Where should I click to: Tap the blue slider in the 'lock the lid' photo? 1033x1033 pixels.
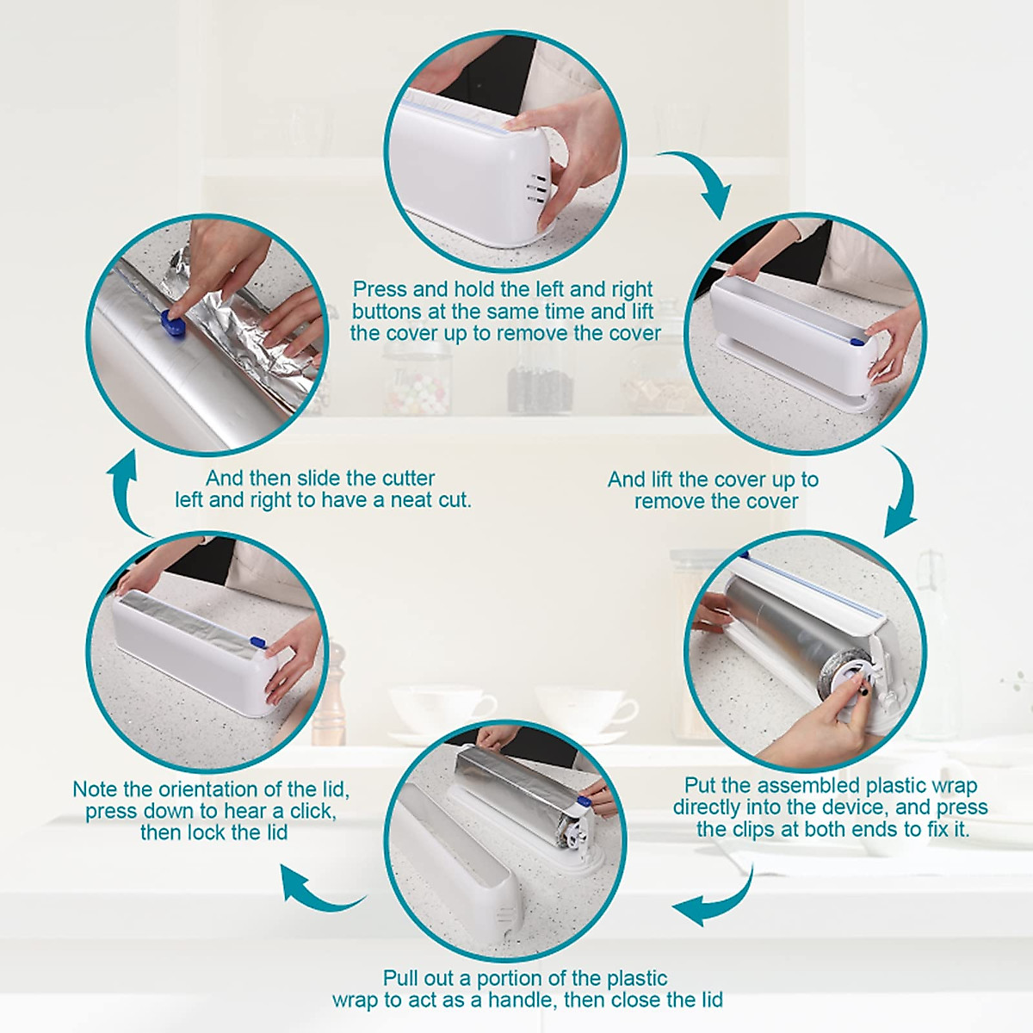coord(257,642)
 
